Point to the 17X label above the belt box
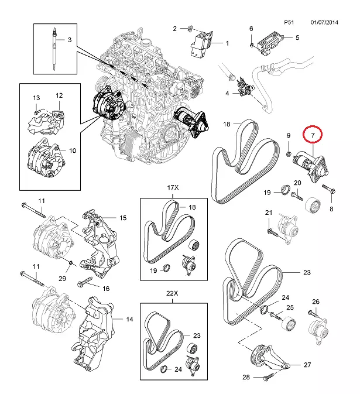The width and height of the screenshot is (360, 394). (173, 189)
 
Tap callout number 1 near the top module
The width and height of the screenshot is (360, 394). (227, 43)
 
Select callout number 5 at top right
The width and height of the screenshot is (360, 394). (297, 38)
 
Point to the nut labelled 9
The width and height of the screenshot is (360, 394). (289, 154)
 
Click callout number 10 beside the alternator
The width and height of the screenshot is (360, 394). (73, 150)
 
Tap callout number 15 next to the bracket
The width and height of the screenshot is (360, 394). (123, 218)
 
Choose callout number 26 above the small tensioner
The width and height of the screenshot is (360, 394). (316, 302)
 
